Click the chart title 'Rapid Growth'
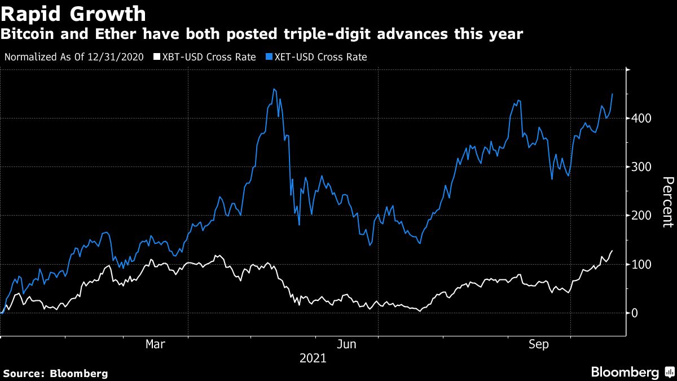74,13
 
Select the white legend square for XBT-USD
156,57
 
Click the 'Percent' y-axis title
667,202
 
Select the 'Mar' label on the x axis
155,344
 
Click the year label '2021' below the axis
313,358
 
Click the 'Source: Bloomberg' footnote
55,373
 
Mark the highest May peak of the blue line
274,89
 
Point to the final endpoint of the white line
613,251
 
